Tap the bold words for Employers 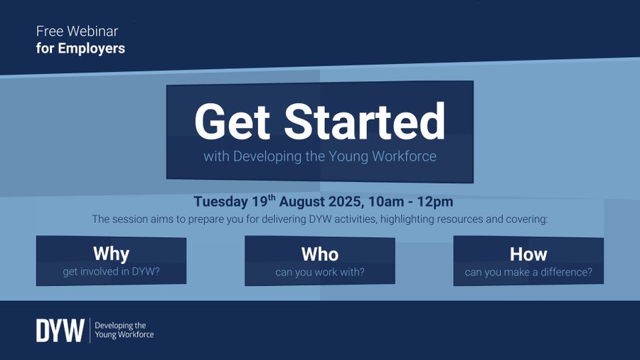click(x=80, y=48)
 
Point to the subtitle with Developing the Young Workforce click(x=319, y=156)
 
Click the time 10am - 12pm click(x=420, y=201)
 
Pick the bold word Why click(x=111, y=254)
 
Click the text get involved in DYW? click(x=111, y=271)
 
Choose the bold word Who click(x=320, y=254)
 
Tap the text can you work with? click(x=320, y=271)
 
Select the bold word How click(x=528, y=254)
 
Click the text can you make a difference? click(x=528, y=271)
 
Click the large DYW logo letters click(x=60, y=330)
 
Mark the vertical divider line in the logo click(x=90, y=330)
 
